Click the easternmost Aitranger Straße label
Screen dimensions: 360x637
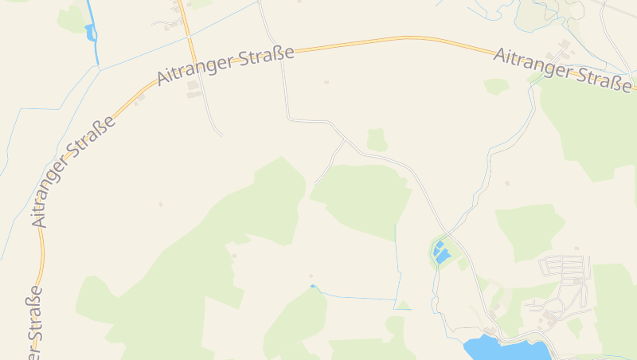click(564, 67)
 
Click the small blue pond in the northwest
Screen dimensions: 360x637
click(90, 32)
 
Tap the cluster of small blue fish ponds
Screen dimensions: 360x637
click(440, 252)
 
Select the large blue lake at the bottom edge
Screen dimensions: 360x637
click(505, 348)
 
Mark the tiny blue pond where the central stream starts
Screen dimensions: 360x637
click(313, 286)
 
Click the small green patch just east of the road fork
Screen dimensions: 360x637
click(377, 139)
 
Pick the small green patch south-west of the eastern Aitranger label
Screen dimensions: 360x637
click(496, 85)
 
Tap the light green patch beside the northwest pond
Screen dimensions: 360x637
click(72, 21)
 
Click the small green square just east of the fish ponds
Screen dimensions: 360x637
click(463, 263)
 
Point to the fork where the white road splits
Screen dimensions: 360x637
click(345, 139)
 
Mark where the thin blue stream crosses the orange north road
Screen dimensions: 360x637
click(187, 36)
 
